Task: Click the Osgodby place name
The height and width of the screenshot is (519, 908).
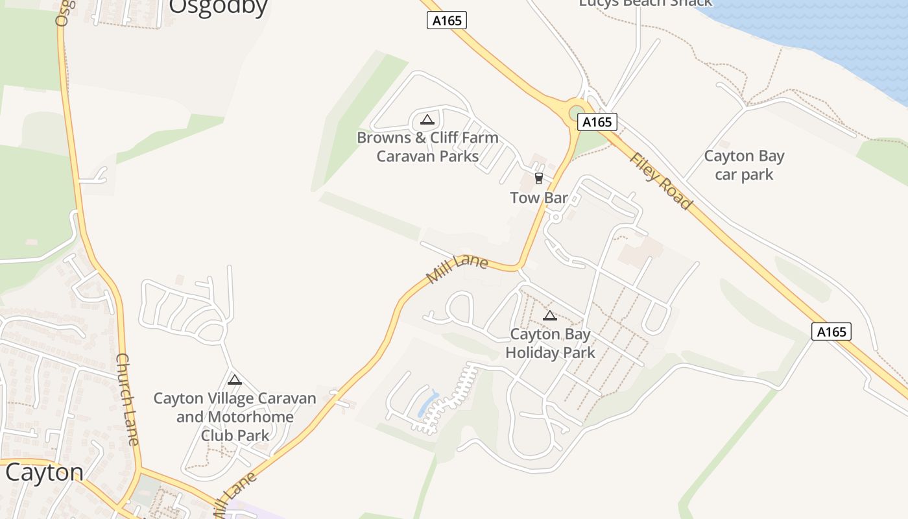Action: coord(218,6)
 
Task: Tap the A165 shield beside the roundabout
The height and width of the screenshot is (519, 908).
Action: coord(597,122)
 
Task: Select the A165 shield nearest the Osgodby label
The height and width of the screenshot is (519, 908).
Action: coord(447,21)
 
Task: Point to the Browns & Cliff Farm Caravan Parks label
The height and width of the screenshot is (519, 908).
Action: coord(427,147)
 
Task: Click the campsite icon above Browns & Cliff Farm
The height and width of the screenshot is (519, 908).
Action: coord(427,119)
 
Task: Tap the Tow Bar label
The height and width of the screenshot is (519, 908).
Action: coord(539,198)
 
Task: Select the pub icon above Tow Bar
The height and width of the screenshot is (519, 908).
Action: coord(538,178)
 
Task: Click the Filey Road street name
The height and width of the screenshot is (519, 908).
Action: coord(660,181)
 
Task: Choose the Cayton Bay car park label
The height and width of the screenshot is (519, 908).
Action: coord(744,165)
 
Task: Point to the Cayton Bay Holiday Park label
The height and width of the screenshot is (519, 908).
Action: coord(550,343)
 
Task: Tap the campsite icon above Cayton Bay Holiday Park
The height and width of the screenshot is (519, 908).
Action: coord(550,316)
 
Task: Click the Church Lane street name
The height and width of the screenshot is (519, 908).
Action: coord(127,399)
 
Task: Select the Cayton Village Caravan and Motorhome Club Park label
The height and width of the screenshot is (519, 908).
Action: coord(235,416)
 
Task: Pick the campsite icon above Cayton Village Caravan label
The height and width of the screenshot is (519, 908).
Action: coord(235,380)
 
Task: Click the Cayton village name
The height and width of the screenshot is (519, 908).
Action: coord(44,472)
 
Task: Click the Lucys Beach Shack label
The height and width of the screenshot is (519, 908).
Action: coord(645,3)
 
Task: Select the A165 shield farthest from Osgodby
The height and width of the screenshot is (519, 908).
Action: coord(831,332)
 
